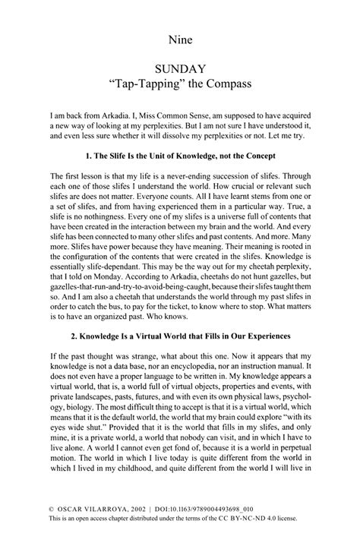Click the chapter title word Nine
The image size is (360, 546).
pos(180,36)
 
